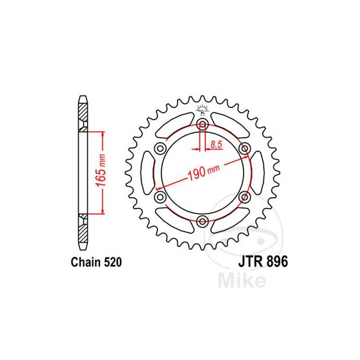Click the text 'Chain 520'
tap(95, 262)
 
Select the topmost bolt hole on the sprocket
tap(202, 125)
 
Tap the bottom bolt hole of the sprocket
tap(202, 220)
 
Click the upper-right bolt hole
tap(244, 148)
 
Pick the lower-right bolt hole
tap(244, 197)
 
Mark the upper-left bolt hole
tap(160, 148)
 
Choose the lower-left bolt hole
tap(160, 197)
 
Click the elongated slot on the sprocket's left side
tap(147, 172)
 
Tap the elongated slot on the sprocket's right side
tap(257, 172)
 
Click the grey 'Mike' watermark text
tap(241, 280)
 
